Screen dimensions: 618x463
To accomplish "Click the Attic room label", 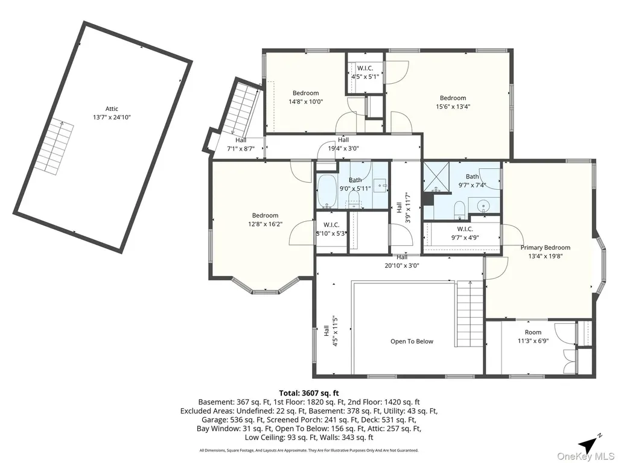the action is (x=112, y=109).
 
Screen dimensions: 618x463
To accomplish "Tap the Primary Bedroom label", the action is (x=546, y=248).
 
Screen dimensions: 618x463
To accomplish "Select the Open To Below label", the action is (x=412, y=341).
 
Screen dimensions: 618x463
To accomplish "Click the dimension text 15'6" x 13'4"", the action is (x=453, y=106).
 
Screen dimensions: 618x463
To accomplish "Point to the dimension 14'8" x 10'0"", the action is (x=305, y=101).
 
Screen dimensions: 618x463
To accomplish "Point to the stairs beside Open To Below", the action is (x=470, y=313).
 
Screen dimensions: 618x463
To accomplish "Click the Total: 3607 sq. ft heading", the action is (x=309, y=393).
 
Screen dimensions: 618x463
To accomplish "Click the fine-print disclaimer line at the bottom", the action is (x=309, y=450).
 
